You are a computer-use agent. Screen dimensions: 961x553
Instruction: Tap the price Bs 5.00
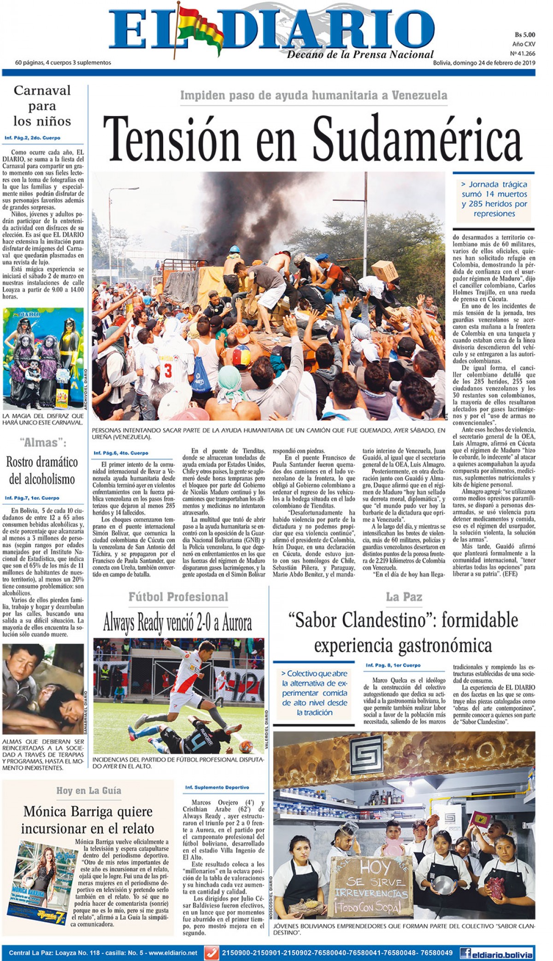click(x=524, y=35)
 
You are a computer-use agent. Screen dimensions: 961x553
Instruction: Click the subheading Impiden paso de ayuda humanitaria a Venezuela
click(x=313, y=95)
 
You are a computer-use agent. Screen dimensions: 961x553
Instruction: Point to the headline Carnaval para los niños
click(x=42, y=106)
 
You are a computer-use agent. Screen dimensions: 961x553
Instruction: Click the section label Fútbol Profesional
click(x=178, y=597)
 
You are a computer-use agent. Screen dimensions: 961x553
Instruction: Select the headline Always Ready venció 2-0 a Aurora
click(x=178, y=623)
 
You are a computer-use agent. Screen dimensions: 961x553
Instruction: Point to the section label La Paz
click(x=404, y=597)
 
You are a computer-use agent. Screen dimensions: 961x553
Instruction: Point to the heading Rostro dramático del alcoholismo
click(x=42, y=471)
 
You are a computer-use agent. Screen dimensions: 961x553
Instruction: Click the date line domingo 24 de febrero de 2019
click(x=483, y=63)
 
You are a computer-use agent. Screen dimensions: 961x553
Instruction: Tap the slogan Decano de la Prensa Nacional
click(x=360, y=55)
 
